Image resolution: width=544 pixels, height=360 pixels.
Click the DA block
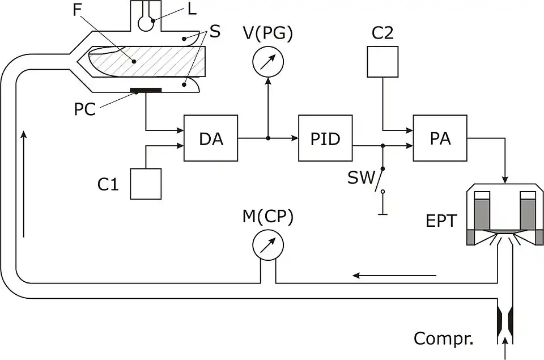coord(211,138)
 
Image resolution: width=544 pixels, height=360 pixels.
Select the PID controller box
coord(326,138)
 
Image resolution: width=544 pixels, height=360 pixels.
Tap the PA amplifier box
coord(440,138)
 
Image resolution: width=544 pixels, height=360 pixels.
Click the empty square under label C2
coord(383,61)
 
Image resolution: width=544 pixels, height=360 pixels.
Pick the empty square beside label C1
coord(146,184)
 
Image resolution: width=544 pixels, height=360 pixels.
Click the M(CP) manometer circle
coord(267,244)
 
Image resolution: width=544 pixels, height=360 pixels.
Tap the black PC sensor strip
coord(146,90)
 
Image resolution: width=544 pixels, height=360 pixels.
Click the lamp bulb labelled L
coord(147,23)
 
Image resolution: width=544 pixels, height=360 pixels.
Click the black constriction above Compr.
coord(504,321)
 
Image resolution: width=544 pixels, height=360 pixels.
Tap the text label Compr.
coord(443,339)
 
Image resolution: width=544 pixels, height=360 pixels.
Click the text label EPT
coord(441,221)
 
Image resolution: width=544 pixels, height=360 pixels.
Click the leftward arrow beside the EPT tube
coord(394,276)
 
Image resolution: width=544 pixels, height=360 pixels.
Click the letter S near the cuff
coord(215,31)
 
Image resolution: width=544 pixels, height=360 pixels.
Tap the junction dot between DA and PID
coord(268,138)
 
